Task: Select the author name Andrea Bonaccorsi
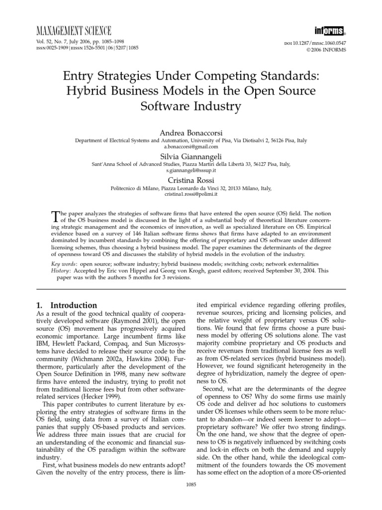[x=191, y=133]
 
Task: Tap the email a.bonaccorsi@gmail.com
[x=191, y=147]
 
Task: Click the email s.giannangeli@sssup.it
[x=191, y=170]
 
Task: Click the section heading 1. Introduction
[x=68, y=305]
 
